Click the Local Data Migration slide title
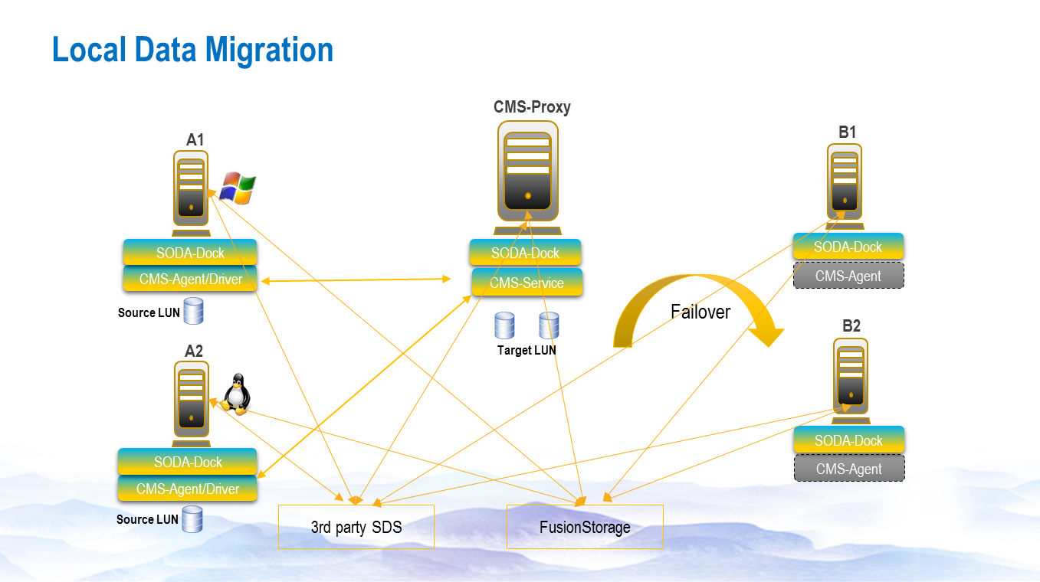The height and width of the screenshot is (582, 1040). click(x=193, y=50)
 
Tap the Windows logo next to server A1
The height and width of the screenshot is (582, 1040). click(x=238, y=188)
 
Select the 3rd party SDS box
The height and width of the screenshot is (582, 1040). click(x=356, y=527)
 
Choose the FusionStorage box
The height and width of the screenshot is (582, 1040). click(x=585, y=527)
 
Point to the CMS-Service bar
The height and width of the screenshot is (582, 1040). click(x=527, y=283)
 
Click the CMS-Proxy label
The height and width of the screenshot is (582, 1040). click(x=532, y=107)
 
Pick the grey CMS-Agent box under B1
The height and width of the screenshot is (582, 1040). click(x=848, y=276)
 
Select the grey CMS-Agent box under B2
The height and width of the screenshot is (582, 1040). click(x=849, y=469)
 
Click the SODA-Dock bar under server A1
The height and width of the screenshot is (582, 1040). click(x=190, y=253)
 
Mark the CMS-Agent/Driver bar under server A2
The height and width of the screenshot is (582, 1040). click(x=188, y=489)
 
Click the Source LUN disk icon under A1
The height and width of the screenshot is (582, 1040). click(x=193, y=311)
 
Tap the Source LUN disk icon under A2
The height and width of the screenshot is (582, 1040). click(x=192, y=518)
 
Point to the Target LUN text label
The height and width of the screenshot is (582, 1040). click(x=527, y=350)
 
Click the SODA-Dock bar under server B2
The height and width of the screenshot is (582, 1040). click(x=849, y=440)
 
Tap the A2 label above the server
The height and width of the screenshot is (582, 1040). click(x=194, y=351)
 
